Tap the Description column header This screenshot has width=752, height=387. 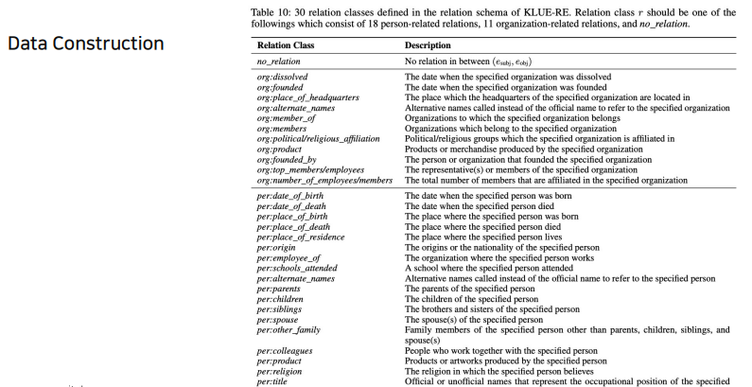coord(433,44)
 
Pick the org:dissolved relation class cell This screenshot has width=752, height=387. coord(282,77)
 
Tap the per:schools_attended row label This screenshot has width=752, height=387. coord(296,267)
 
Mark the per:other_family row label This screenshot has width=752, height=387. coord(289,329)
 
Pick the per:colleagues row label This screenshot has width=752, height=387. coord(285,350)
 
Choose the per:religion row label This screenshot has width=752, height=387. coord(281,370)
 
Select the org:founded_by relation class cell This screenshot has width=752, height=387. coord(286,159)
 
